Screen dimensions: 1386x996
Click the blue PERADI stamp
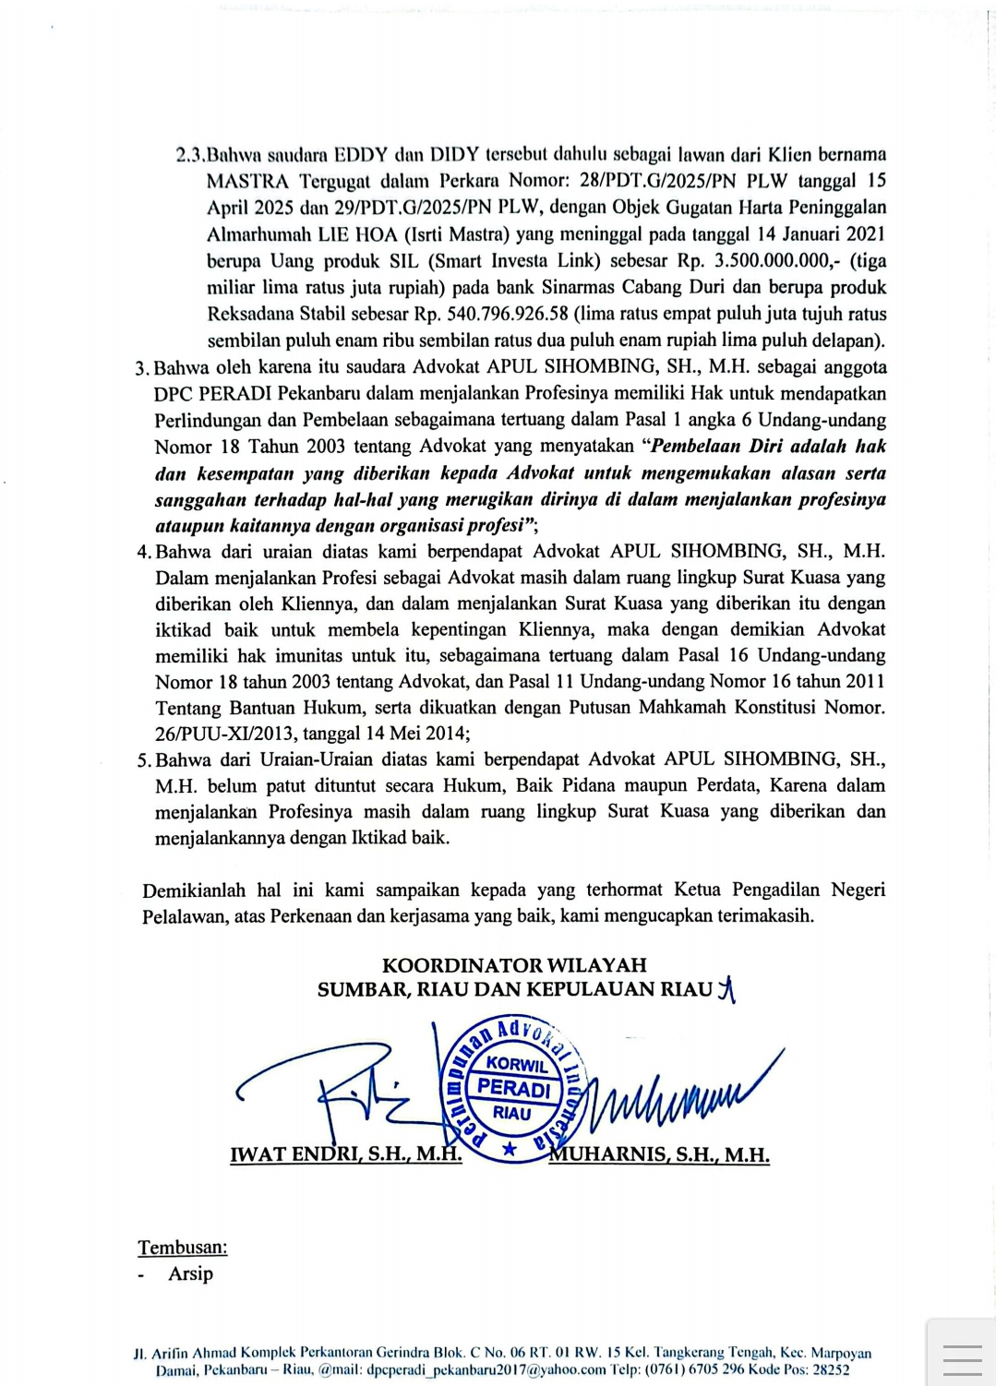click(512, 1089)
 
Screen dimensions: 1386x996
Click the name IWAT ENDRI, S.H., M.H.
click(345, 1154)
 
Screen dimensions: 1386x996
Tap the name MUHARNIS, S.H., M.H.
click(659, 1154)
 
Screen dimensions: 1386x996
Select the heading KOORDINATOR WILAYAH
click(514, 965)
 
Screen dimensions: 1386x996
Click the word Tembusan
click(182, 1248)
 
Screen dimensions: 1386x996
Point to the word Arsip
click(190, 1273)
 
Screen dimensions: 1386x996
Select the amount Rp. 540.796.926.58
click(490, 314)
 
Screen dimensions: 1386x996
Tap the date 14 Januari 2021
click(820, 234)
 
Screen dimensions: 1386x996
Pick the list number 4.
click(143, 552)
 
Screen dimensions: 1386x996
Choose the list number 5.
click(143, 760)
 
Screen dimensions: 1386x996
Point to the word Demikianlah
click(193, 890)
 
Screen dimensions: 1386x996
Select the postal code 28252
click(831, 1369)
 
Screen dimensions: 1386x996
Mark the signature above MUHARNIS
click(683, 1093)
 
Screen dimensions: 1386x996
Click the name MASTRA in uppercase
click(246, 181)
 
